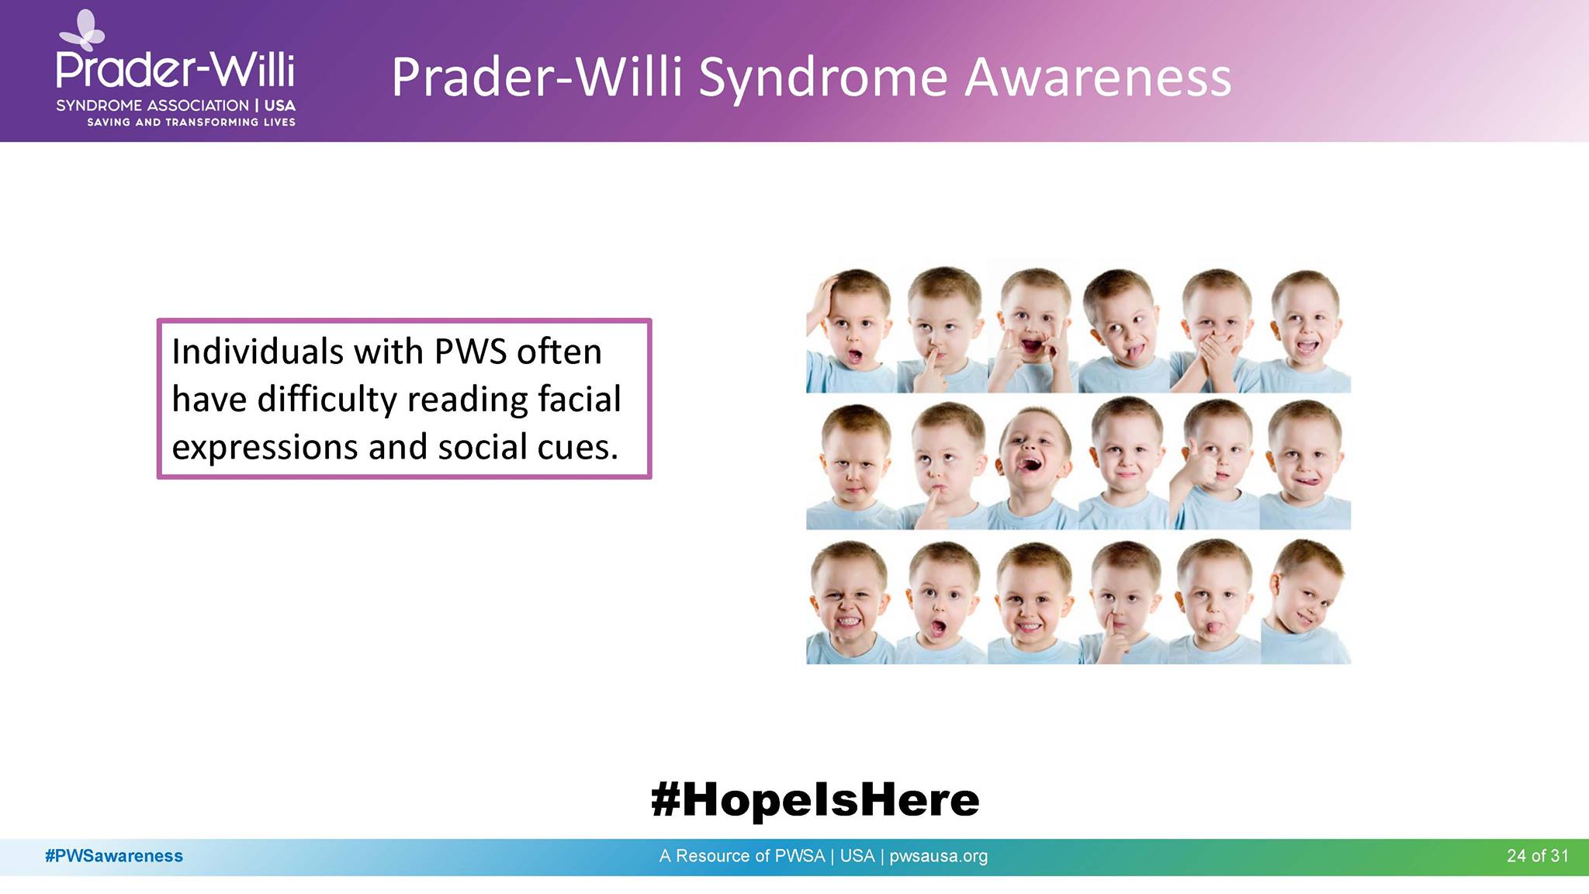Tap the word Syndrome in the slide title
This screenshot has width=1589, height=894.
[x=823, y=78]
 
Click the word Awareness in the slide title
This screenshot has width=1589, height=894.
[x=1098, y=78]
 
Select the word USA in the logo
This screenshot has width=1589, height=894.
[x=279, y=106]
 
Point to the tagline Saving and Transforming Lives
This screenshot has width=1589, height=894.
[x=191, y=122]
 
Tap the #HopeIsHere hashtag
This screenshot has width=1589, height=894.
[x=815, y=799]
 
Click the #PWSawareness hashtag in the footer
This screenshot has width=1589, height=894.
[x=114, y=856]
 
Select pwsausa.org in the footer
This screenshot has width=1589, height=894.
[x=938, y=857]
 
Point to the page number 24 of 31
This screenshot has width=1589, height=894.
[x=1538, y=856]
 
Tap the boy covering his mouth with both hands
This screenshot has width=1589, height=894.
[x=1214, y=331]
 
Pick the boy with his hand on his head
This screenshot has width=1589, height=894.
[x=851, y=331]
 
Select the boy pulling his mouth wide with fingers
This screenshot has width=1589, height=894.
[x=1033, y=331]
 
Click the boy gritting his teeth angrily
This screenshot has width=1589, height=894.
[x=851, y=602]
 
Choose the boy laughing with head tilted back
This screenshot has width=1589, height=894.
[x=1033, y=464]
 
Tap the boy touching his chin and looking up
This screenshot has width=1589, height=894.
[x=942, y=464]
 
